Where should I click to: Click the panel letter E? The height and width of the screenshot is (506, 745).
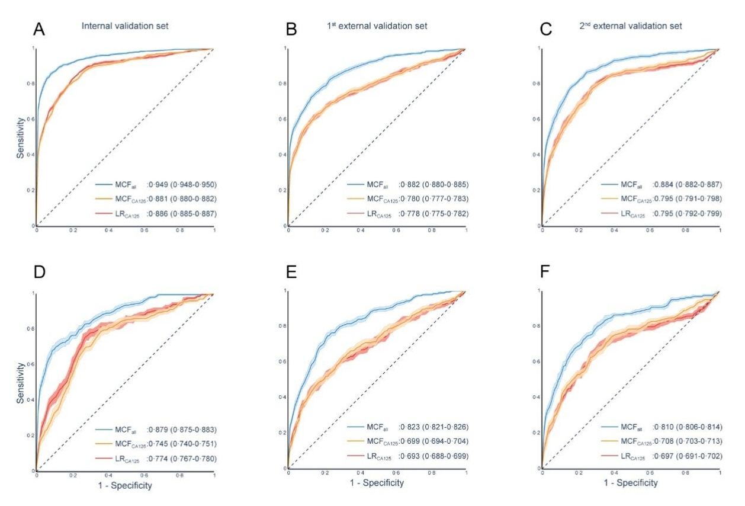(x=291, y=273)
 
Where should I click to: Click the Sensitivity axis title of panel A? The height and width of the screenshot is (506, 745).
(x=21, y=137)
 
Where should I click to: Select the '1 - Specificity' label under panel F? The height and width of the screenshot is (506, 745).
(x=630, y=483)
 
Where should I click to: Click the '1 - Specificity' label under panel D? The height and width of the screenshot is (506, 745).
(x=126, y=486)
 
